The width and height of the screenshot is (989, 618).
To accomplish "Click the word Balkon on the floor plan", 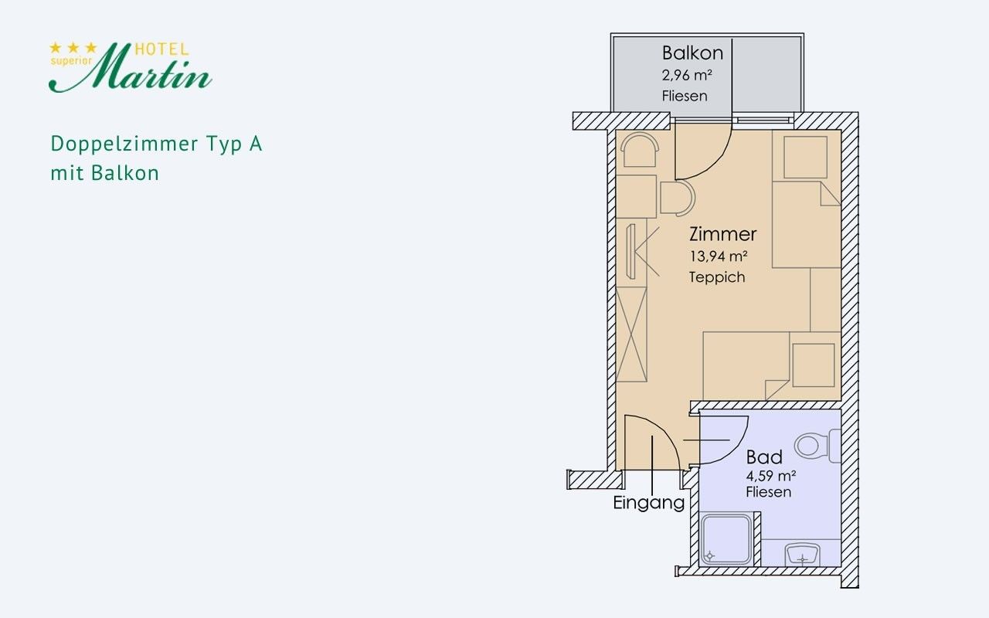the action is click(x=692, y=53).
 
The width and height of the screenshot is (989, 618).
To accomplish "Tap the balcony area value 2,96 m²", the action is click(x=687, y=76).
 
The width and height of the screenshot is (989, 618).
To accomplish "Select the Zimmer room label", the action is click(x=722, y=234).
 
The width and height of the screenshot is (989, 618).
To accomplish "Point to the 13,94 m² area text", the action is click(x=719, y=256).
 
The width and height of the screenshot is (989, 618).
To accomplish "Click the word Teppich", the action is click(x=717, y=277).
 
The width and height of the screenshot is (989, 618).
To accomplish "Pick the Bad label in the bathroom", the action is click(x=764, y=457).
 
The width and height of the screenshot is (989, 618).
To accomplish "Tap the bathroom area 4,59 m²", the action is click(x=771, y=476).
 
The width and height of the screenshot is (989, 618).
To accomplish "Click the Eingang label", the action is click(x=648, y=503).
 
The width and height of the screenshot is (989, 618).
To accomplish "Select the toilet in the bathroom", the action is click(x=817, y=446).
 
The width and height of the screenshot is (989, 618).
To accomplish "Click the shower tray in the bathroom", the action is click(x=726, y=539).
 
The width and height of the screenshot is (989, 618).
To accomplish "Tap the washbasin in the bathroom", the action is click(x=802, y=555).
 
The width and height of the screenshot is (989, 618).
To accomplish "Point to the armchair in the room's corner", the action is click(x=639, y=149).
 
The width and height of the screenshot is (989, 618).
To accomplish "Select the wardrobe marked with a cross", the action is click(x=631, y=334).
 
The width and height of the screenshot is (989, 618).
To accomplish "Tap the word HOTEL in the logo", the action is click(x=161, y=49).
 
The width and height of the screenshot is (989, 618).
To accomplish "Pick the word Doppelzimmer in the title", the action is click(x=124, y=144).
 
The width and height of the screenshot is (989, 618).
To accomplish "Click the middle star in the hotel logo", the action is click(x=73, y=47).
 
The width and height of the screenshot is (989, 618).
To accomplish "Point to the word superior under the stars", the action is click(x=71, y=61).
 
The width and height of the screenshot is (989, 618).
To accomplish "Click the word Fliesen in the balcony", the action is click(x=685, y=96).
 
